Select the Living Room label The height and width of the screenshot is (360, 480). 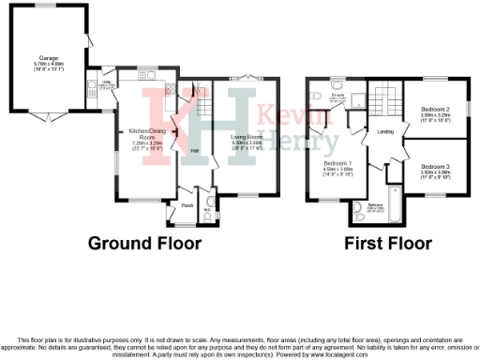pyautogui.click(x=245, y=137)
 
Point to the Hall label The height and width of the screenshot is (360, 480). pyautogui.click(x=195, y=150)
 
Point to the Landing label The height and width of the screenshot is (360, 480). pyautogui.click(x=384, y=131)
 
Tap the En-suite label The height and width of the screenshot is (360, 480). pyautogui.click(x=338, y=95)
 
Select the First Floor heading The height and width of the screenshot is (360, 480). pyautogui.click(x=388, y=244)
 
